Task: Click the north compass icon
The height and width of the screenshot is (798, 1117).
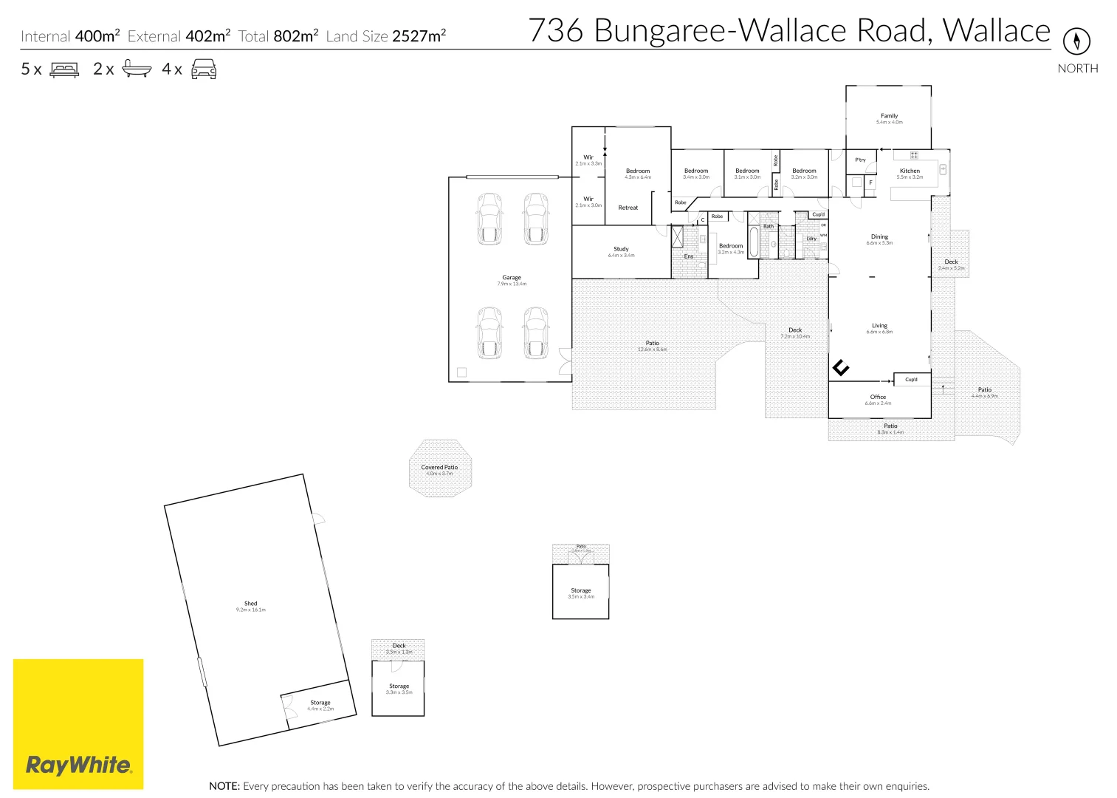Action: click(1076, 41)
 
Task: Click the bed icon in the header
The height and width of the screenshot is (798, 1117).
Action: click(64, 69)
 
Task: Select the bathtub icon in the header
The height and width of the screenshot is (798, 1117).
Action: click(137, 69)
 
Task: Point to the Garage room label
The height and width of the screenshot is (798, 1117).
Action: click(512, 278)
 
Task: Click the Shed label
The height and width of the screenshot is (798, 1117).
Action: click(251, 604)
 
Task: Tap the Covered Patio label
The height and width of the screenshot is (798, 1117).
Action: click(439, 467)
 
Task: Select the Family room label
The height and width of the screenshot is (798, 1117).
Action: click(889, 116)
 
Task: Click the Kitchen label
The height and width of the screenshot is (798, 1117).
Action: click(910, 171)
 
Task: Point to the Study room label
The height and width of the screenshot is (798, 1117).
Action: click(621, 249)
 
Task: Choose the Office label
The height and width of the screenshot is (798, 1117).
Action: click(878, 397)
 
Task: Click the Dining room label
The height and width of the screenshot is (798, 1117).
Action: click(879, 237)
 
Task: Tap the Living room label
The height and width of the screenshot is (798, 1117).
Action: click(879, 325)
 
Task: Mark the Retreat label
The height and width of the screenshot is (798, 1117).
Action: click(628, 208)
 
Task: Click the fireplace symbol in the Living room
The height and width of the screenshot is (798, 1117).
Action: click(841, 367)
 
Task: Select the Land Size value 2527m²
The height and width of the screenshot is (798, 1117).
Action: click(419, 36)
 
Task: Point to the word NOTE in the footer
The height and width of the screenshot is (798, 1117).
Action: click(224, 786)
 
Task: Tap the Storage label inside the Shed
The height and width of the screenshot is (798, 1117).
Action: click(320, 703)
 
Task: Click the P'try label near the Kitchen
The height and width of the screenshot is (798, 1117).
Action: click(860, 160)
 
